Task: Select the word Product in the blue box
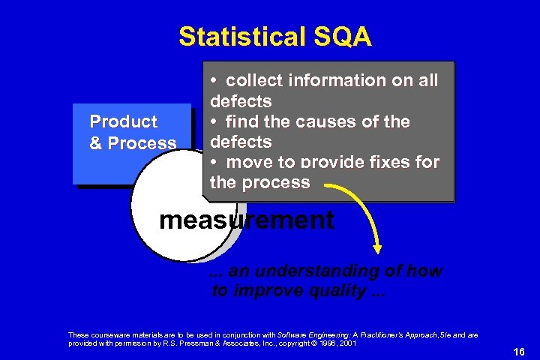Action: click(x=123, y=121)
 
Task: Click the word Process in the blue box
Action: click(x=142, y=143)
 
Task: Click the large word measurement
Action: click(x=247, y=220)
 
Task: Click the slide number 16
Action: click(x=517, y=352)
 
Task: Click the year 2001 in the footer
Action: click(x=346, y=343)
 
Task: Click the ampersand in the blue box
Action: click(x=96, y=143)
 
